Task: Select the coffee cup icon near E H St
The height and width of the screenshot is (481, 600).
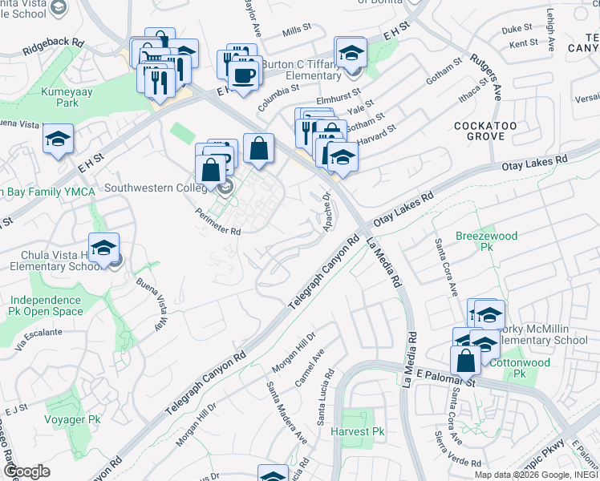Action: click(243, 76)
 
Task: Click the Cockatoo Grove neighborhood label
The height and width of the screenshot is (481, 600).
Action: click(479, 131)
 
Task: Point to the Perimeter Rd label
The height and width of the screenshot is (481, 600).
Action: click(219, 221)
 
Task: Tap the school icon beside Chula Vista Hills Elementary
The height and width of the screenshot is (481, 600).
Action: click(103, 249)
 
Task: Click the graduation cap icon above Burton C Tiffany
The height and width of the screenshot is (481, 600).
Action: click(351, 54)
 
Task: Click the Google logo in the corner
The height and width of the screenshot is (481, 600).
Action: click(26, 471)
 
